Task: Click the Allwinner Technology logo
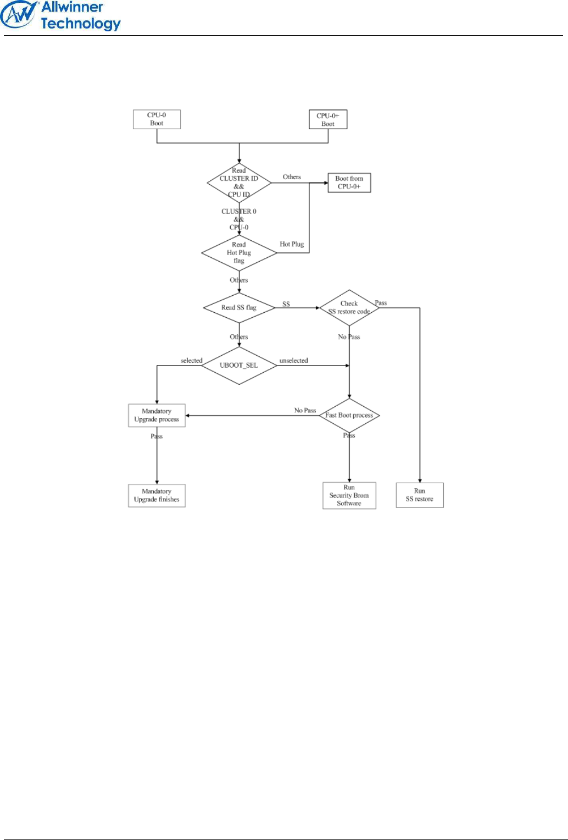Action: pos(60,15)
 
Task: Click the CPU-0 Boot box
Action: pos(157,119)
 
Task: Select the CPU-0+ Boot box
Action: pos(328,120)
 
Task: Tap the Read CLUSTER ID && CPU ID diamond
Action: pos(239,183)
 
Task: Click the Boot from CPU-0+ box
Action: pos(349,183)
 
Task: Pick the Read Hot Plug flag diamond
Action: pos(239,253)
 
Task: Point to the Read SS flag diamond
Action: pos(239,308)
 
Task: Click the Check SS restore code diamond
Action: pos(349,308)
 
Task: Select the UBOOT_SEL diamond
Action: pos(239,366)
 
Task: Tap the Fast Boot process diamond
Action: pos(349,416)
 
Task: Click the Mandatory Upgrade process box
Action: pos(157,416)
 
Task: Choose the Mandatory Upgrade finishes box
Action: pos(157,495)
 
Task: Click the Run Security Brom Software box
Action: pos(349,495)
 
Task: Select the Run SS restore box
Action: pos(420,495)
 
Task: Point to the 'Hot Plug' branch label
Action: pos(292,244)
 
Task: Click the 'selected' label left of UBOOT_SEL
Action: pos(192,361)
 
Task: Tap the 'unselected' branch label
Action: pos(294,361)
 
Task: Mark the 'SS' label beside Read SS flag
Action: pos(286,304)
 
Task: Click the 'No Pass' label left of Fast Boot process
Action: pos(305,410)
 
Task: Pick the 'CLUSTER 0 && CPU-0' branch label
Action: pos(239,219)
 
